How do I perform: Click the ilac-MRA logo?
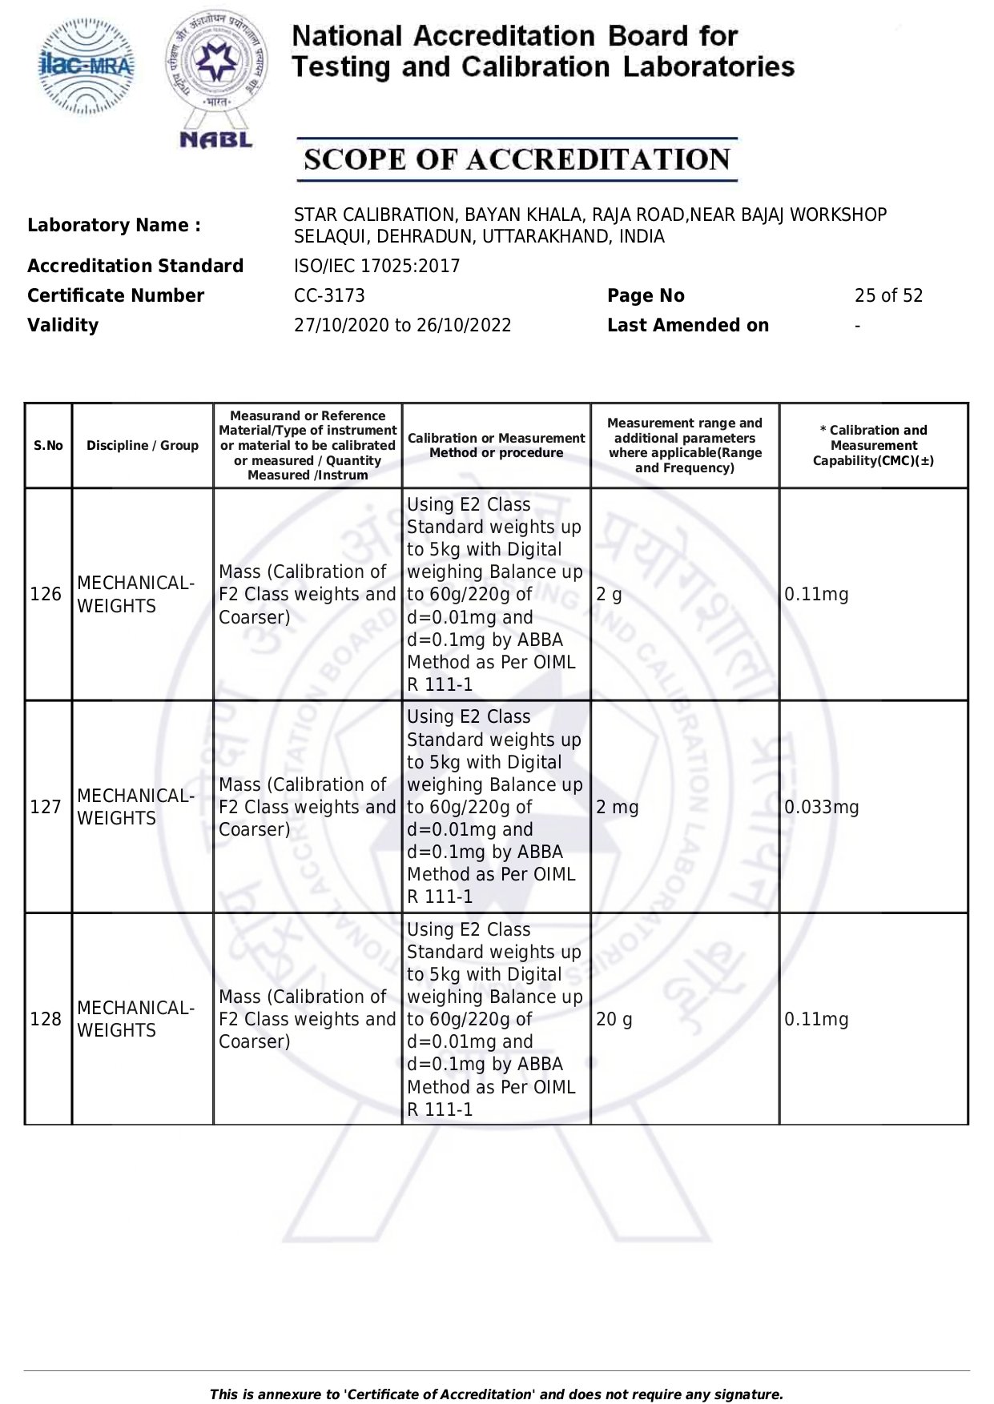[87, 67]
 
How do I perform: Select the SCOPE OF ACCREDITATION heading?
[517, 159]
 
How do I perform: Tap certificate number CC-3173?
[329, 295]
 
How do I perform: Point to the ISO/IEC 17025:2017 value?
[376, 266]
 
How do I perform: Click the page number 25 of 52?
[888, 295]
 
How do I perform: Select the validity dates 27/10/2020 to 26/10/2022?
[402, 325]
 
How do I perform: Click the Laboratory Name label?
[114, 225]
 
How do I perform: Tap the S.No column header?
[48, 446]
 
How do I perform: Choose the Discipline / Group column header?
[143, 446]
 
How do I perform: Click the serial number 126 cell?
[46, 594]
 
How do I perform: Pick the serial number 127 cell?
[46, 807]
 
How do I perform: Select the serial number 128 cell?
[46, 1019]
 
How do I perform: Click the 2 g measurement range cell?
[609, 594]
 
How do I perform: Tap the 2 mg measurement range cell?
[617, 807]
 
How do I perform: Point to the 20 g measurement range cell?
[614, 1019]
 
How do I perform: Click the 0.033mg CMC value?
[821, 807]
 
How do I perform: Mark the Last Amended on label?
[687, 325]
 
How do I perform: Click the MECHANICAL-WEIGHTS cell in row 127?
[135, 807]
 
